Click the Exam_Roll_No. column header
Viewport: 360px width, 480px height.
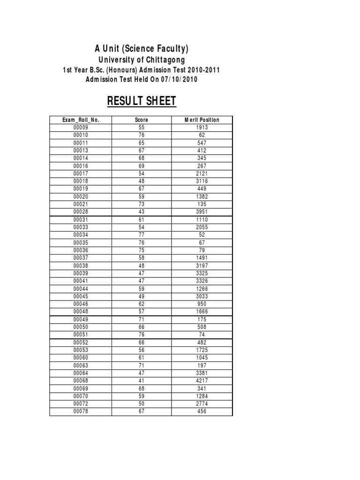(81, 120)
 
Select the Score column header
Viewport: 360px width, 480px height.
(141, 120)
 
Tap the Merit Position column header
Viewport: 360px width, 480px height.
(202, 120)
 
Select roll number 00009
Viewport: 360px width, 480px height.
(81, 127)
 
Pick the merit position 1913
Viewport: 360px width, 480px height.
(202, 127)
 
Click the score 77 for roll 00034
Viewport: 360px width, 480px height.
(141, 235)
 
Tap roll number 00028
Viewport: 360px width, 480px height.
(81, 212)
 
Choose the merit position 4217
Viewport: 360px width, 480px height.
(202, 381)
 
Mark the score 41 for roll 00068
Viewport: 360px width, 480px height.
(141, 381)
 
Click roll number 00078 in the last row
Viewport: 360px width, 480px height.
(81, 411)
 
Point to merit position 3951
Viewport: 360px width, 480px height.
(202, 212)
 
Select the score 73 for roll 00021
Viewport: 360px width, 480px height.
(141, 204)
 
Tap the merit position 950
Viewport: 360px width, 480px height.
(202, 304)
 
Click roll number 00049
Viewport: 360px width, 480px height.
(81, 319)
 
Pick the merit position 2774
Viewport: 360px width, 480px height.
(202, 404)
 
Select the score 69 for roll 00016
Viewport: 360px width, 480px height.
(141, 166)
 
